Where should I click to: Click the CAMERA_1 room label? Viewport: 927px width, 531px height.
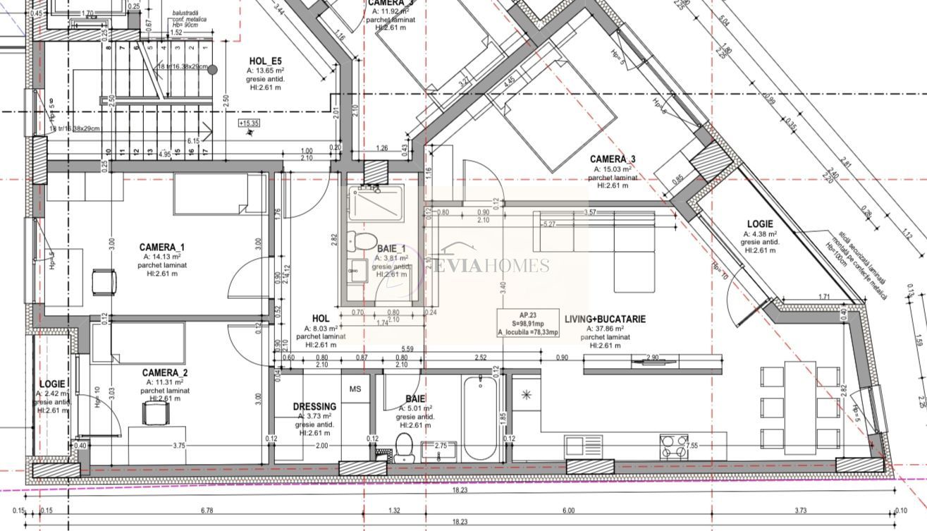click(x=161, y=247)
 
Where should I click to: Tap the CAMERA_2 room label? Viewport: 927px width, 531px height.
click(x=164, y=372)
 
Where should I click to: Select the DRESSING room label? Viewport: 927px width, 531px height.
click(x=314, y=407)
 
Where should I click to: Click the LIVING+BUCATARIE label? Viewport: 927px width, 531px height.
click(x=605, y=319)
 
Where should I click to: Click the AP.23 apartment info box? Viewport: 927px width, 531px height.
click(x=528, y=324)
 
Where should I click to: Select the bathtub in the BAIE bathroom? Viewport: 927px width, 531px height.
click(x=480, y=420)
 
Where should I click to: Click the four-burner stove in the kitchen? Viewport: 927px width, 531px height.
click(x=673, y=447)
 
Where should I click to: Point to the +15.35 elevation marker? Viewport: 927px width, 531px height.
click(x=249, y=123)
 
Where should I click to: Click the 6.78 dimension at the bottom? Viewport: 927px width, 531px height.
click(x=207, y=511)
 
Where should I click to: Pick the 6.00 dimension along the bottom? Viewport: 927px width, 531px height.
click(x=568, y=511)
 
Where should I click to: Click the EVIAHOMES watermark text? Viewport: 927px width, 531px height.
click(x=494, y=265)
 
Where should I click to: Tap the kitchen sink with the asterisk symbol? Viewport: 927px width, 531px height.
click(x=526, y=396)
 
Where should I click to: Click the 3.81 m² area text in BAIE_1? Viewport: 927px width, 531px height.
click(x=391, y=258)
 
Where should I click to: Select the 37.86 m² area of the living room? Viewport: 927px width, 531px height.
click(x=605, y=329)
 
